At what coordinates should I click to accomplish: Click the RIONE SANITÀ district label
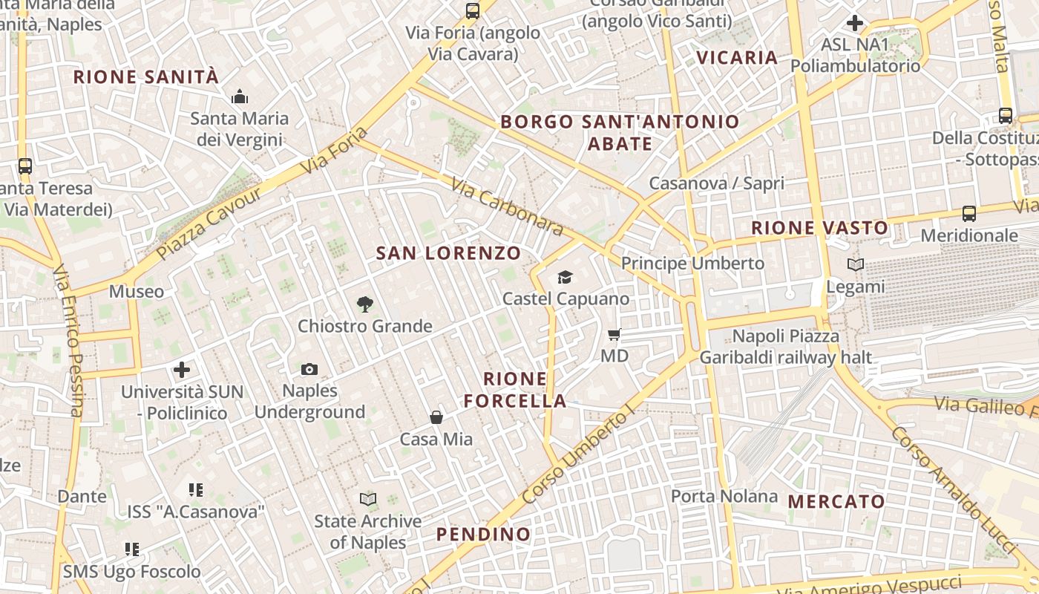pyautogui.click(x=146, y=76)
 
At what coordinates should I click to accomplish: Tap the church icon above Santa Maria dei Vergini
pyautogui.click(x=239, y=97)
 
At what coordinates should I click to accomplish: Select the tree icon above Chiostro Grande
pyautogui.click(x=364, y=304)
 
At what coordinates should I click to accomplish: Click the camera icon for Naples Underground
pyautogui.click(x=309, y=369)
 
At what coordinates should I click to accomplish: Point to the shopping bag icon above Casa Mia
pyautogui.click(x=436, y=417)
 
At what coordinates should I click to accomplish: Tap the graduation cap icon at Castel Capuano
pyautogui.click(x=566, y=277)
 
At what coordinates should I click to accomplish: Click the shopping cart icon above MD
pyautogui.click(x=614, y=334)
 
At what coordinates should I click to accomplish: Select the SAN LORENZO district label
pyautogui.click(x=448, y=253)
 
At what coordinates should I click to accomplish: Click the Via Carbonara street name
pyautogui.click(x=507, y=207)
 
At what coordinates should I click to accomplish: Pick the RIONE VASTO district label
pyautogui.click(x=819, y=228)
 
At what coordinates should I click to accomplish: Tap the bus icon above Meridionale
pyautogui.click(x=969, y=214)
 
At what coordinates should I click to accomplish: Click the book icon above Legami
pyautogui.click(x=856, y=264)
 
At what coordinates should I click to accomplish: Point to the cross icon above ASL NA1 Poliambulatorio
pyautogui.click(x=855, y=23)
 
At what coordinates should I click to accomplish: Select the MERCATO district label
pyautogui.click(x=836, y=502)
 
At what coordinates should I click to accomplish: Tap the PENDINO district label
pyautogui.click(x=483, y=535)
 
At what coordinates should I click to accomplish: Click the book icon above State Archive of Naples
pyautogui.click(x=368, y=499)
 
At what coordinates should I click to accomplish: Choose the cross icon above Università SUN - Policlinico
pyautogui.click(x=182, y=369)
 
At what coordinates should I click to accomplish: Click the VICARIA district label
pyautogui.click(x=737, y=58)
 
